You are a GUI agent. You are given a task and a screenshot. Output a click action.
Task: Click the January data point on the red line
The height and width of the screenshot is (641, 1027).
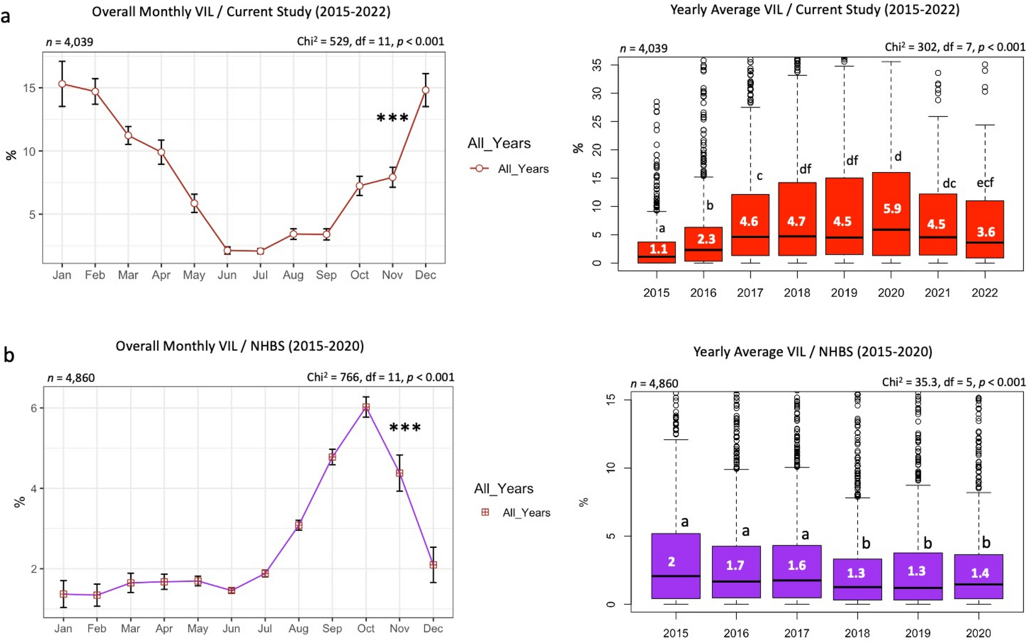coord(62,84)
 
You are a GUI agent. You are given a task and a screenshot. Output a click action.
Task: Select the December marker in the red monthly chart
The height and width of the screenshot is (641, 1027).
coord(425,90)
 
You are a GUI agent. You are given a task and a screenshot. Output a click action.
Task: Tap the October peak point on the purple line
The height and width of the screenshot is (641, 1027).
coord(366,407)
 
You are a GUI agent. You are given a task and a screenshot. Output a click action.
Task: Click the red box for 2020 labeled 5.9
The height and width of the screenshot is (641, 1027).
coord(891,214)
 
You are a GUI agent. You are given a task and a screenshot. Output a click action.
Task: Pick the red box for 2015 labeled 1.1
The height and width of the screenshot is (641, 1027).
coord(657,252)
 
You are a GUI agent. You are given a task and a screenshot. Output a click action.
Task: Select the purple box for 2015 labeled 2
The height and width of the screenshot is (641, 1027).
coord(675,566)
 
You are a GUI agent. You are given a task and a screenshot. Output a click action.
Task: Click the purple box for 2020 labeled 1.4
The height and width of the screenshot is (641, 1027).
coord(978,576)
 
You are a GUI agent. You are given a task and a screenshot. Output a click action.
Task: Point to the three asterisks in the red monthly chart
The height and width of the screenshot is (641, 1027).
coord(392,119)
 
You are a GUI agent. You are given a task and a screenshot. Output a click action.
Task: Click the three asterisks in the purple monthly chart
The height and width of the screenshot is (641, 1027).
coord(405,428)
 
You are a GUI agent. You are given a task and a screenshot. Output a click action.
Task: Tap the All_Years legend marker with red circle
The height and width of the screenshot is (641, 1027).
coord(479,168)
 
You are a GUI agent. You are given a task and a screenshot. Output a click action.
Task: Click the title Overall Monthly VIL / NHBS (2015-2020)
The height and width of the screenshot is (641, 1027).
coord(239,346)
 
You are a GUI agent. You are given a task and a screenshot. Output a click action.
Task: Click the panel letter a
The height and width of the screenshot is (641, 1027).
coord(6,16)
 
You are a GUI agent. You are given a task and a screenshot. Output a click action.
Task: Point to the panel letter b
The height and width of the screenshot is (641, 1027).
coord(9,355)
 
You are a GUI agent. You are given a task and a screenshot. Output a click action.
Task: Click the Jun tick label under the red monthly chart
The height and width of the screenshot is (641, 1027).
coord(227,275)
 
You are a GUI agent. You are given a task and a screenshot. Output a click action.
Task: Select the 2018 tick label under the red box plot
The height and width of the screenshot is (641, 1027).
coord(797,293)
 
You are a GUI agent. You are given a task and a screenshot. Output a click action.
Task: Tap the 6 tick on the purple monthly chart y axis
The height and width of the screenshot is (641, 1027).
coord(34,408)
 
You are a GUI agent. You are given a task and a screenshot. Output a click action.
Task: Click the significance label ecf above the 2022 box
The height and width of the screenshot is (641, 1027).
coord(985,183)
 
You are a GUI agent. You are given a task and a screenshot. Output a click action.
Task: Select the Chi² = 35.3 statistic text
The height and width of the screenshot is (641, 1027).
coord(953,382)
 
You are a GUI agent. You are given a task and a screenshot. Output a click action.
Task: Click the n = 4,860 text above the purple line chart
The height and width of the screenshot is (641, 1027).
coord(71,378)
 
